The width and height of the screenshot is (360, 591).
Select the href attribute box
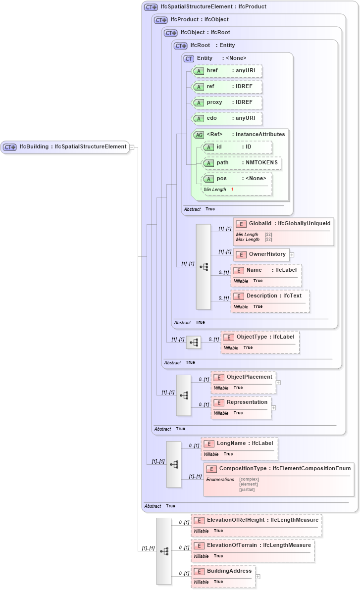tap(226, 71)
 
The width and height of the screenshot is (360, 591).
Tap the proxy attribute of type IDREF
tap(226, 102)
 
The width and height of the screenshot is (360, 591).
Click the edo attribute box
tap(226, 118)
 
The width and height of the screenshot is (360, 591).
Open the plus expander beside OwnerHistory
tap(292, 255)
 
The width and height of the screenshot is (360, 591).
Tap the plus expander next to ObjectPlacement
tap(278, 382)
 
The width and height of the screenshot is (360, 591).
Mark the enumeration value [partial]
tap(247, 490)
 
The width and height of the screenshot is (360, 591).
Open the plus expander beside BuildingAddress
tap(257, 577)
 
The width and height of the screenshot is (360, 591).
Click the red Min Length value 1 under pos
tap(232, 190)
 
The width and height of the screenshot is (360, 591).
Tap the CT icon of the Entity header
tap(189, 58)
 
